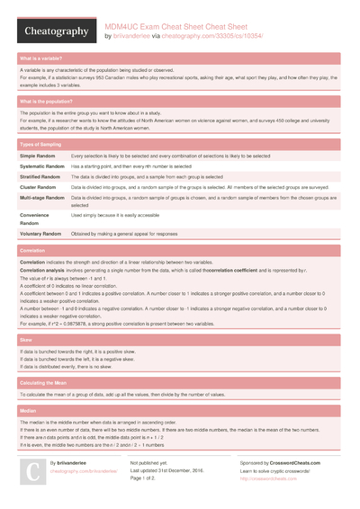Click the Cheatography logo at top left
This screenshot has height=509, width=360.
click(x=55, y=31)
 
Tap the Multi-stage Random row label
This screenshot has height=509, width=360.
click(x=45, y=198)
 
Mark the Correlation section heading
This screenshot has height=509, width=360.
click(x=34, y=249)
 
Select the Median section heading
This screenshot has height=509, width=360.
click(x=30, y=409)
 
